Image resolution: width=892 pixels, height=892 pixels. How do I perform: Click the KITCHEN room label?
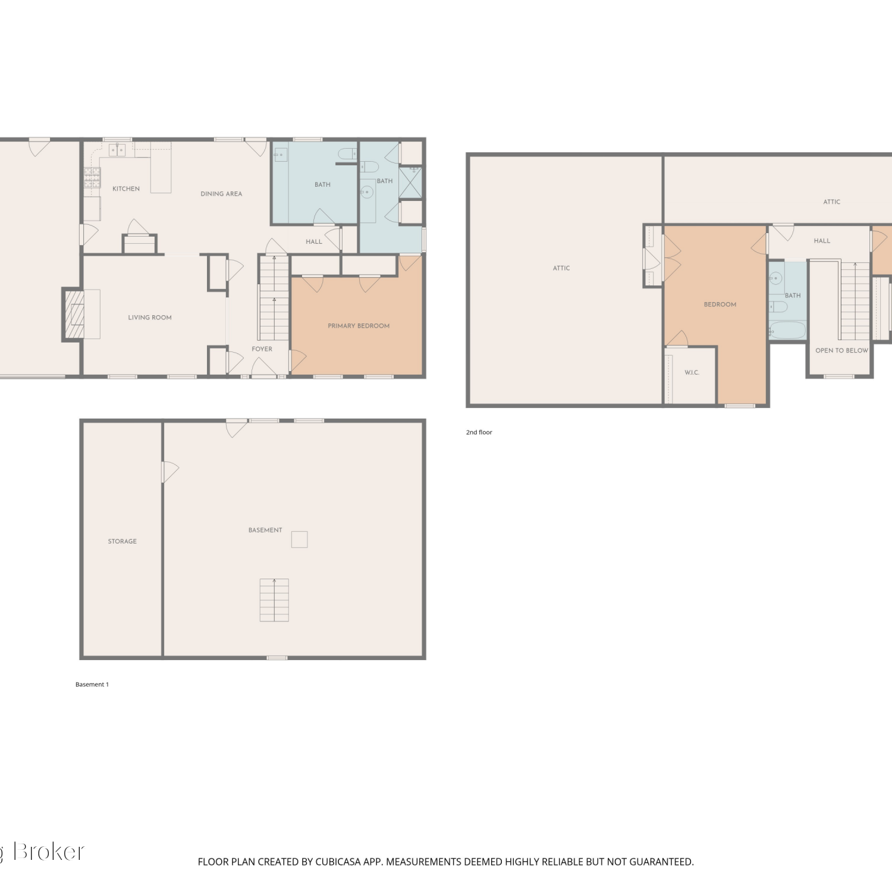click(126, 189)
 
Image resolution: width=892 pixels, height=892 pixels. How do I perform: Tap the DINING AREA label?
click(221, 194)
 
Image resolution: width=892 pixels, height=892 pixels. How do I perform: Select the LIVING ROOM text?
click(150, 318)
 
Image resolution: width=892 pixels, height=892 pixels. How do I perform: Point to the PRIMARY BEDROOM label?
click(359, 326)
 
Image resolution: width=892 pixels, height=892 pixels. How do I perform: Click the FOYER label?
click(262, 349)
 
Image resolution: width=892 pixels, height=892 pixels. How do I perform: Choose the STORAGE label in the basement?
click(123, 541)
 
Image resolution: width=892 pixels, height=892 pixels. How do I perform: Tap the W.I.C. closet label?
click(692, 373)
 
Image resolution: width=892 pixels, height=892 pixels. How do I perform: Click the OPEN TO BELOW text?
click(841, 350)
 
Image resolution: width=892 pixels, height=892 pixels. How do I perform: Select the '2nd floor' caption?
click(479, 432)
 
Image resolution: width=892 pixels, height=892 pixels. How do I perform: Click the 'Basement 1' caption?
click(92, 684)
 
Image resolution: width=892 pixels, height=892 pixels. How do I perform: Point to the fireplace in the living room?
click(74, 314)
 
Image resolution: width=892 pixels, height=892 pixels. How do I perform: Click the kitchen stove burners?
click(92, 178)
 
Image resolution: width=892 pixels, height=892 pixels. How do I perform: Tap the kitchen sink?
click(117, 150)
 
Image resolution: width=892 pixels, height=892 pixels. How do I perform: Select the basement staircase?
click(274, 600)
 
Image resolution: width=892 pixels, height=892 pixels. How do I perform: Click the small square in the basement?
click(299, 539)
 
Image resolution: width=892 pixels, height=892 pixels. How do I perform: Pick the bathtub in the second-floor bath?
click(787, 330)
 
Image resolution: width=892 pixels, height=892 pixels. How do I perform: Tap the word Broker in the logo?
click(49, 852)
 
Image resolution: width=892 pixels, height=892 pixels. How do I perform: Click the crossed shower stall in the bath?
click(410, 183)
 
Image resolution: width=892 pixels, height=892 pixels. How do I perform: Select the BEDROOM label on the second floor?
click(720, 304)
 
